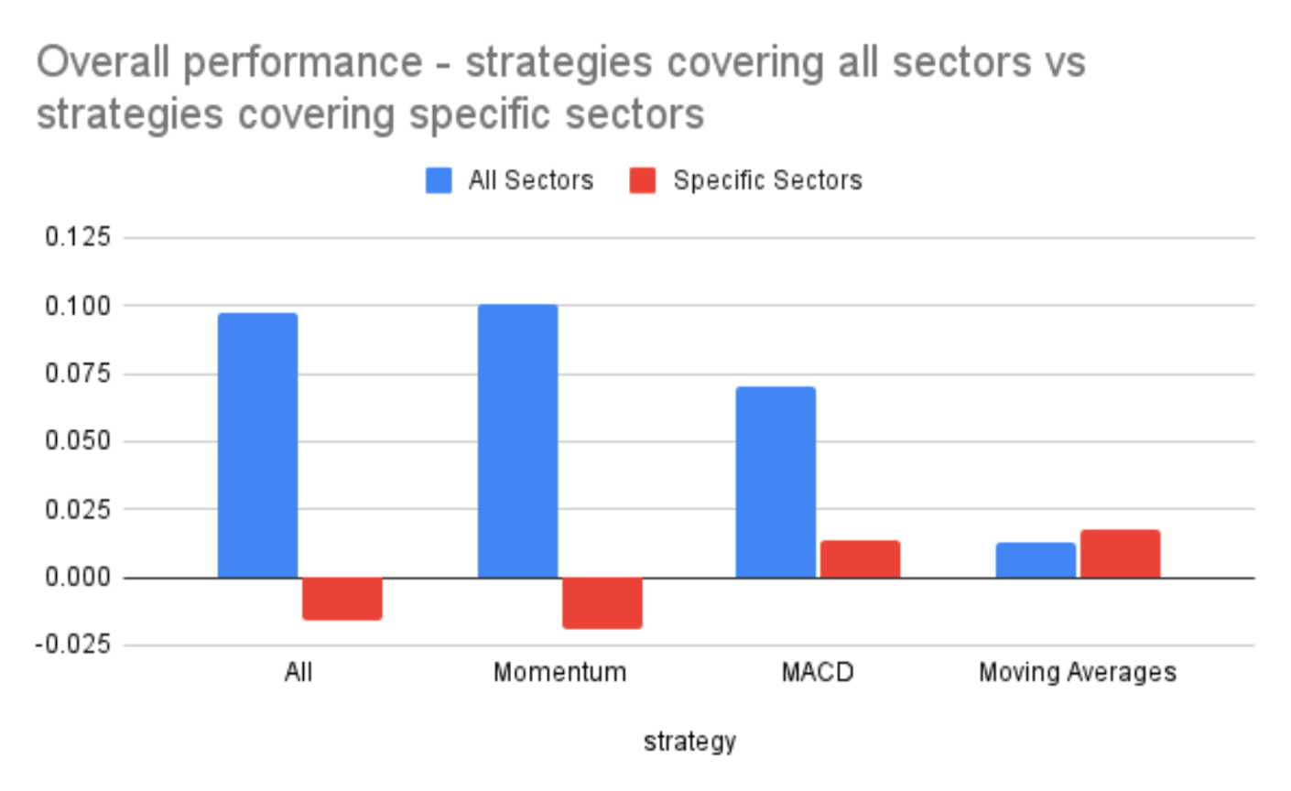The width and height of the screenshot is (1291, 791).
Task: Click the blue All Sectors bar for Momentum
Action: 517,440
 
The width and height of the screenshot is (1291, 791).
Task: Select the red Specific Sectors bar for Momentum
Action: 602,602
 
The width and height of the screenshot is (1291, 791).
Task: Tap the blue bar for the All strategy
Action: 257,445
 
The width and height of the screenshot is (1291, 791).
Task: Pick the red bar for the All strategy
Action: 342,599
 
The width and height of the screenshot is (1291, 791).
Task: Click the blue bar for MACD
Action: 776,482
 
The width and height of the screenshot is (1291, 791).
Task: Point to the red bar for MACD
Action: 860,559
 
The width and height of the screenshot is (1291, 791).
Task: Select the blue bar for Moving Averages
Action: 1036,560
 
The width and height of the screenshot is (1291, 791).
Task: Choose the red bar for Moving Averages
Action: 1120,554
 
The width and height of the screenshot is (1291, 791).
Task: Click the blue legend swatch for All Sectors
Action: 439,180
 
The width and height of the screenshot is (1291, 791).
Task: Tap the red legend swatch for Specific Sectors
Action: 643,180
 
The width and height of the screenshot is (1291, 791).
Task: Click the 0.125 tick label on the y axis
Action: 78,237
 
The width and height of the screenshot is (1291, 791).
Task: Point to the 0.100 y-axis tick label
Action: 78,306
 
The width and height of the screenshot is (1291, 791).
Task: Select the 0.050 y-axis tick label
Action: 78,441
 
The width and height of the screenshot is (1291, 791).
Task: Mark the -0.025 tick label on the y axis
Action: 73,645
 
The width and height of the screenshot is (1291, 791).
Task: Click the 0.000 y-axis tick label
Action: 78,578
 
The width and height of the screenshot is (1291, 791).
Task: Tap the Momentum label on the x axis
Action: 559,673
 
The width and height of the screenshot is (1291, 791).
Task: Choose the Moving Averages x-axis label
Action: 1078,673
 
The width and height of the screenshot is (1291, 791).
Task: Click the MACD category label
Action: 818,673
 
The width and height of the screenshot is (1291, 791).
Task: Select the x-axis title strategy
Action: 689,741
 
